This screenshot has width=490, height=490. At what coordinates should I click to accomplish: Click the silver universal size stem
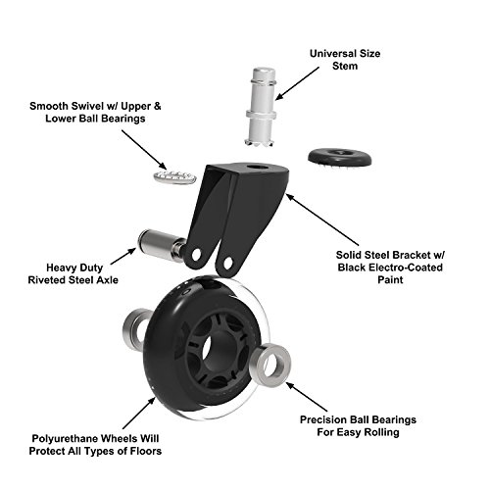point(261,108)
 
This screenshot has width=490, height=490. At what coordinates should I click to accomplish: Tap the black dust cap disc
point(340,158)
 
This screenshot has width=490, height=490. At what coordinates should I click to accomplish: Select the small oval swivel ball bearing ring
point(174,176)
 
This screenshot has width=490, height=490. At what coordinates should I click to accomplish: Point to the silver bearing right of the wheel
point(269,365)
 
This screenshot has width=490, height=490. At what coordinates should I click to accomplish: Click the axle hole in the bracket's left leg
point(196,255)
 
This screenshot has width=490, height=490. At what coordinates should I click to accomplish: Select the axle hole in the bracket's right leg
point(227,262)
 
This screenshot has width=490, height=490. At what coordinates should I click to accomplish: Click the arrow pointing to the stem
point(297,83)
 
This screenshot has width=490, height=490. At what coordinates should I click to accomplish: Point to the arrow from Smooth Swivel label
point(144,150)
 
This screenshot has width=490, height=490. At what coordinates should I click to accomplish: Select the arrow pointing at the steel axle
point(123,256)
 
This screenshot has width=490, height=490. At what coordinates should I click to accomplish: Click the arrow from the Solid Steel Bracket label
point(321,220)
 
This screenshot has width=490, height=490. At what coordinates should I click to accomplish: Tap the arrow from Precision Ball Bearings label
point(307,397)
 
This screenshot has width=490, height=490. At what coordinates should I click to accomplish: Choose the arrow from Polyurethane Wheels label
point(139,413)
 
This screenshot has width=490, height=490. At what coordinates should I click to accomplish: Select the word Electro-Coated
point(406,268)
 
